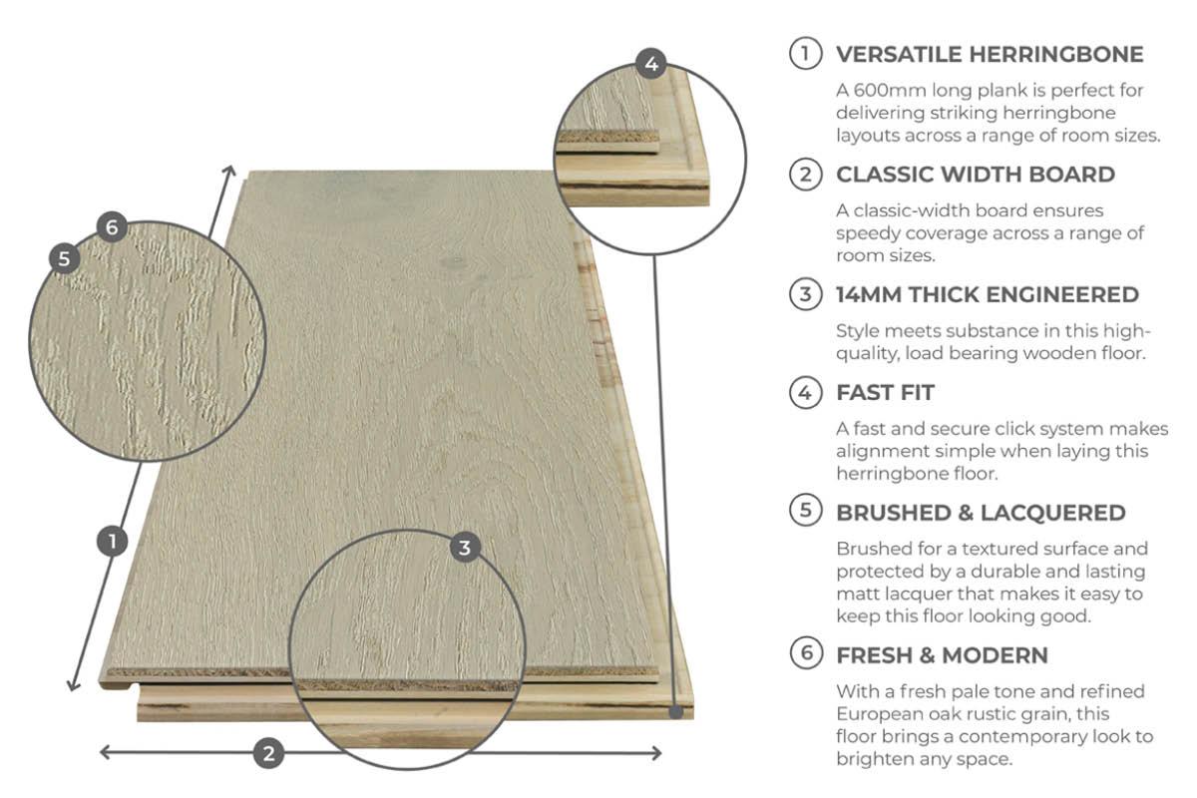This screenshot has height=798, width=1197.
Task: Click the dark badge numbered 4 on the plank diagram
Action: click(x=650, y=64)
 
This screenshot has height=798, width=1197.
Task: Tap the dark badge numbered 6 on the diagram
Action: click(x=112, y=227)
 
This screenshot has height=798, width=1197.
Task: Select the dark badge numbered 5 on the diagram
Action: click(x=64, y=258)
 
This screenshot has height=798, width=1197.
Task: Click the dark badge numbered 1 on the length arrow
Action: click(x=112, y=542)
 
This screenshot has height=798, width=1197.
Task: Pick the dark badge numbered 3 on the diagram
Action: click(x=465, y=548)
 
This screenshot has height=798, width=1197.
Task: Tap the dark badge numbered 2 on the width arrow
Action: click(x=268, y=754)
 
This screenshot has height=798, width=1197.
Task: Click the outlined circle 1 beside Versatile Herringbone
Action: click(x=805, y=54)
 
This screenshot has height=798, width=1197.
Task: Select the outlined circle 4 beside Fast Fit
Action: click(x=805, y=393)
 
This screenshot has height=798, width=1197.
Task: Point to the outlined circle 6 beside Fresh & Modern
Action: click(x=805, y=653)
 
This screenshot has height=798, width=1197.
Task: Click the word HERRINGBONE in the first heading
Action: click(x=1056, y=55)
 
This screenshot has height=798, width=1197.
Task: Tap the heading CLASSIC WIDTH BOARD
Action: click(x=976, y=175)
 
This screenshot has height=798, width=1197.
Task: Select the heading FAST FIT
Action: click(x=885, y=393)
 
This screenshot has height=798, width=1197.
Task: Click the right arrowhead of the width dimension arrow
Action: click(x=656, y=753)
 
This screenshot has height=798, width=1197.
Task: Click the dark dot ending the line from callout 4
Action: click(x=676, y=712)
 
